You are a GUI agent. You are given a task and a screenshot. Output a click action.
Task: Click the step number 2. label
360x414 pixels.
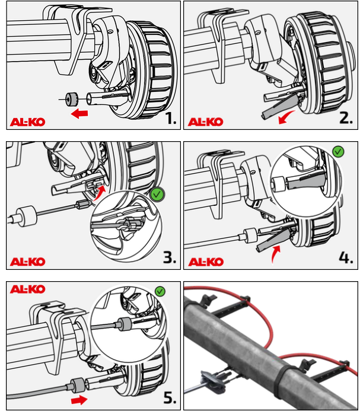pyautogui.click(x=346, y=117)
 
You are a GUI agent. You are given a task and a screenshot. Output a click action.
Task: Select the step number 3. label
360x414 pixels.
pyautogui.click(x=170, y=257)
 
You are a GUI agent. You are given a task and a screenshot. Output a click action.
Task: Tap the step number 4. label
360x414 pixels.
pyautogui.click(x=346, y=257)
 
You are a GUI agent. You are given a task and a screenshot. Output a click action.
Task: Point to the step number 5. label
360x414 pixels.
pyautogui.click(x=170, y=397)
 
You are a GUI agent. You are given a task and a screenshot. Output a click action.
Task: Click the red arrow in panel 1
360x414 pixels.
pyautogui.click(x=79, y=114)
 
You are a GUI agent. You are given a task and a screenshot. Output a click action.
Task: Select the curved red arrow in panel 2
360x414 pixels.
pyautogui.click(x=286, y=117)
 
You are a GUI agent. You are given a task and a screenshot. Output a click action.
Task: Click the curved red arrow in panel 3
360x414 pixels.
pyautogui.click(x=99, y=193)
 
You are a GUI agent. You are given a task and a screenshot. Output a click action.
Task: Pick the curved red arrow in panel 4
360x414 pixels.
pyautogui.click(x=276, y=254)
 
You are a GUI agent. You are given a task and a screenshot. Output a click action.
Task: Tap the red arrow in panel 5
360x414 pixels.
pyautogui.click(x=79, y=400)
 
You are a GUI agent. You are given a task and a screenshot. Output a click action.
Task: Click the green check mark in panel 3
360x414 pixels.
pyautogui.click(x=157, y=195)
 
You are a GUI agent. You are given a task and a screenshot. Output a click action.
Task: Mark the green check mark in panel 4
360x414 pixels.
pyautogui.click(x=339, y=152)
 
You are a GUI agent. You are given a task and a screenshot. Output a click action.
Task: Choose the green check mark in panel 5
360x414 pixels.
pyautogui.click(x=160, y=291)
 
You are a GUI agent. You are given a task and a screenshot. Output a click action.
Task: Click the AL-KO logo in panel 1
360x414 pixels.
pyautogui.click(x=28, y=122)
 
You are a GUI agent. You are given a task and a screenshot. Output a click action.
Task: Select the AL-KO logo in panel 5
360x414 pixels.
pyautogui.click(x=27, y=289)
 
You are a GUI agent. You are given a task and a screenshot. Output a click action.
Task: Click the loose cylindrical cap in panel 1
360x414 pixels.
pyautogui.click(x=71, y=99)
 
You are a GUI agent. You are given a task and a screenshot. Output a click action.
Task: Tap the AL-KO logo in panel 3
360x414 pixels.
pyautogui.click(x=28, y=262)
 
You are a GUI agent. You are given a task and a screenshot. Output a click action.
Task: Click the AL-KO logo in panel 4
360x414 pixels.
pyautogui.click(x=206, y=262)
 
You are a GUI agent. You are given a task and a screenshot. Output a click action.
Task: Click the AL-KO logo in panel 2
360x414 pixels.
pyautogui.click(x=206, y=122)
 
